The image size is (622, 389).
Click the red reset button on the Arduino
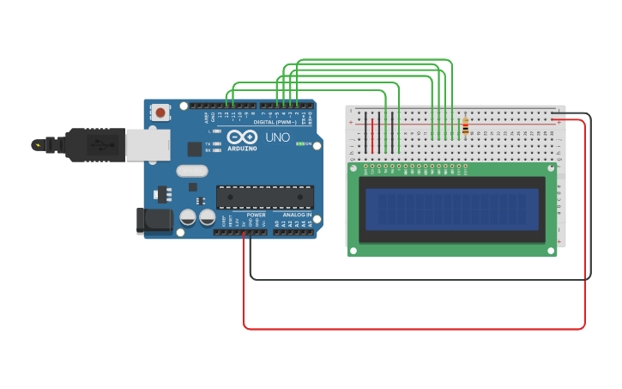(x=160, y=112)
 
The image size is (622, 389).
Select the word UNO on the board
(x=277, y=137)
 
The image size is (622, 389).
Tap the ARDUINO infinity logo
(x=242, y=138)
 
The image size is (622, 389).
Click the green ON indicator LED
(x=299, y=143)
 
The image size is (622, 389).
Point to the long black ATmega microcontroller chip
(x=264, y=197)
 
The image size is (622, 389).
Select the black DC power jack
(x=154, y=220)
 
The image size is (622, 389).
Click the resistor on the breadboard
(x=466, y=127)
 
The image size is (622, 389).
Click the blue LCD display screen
(x=452, y=209)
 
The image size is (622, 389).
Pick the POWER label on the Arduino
(x=256, y=215)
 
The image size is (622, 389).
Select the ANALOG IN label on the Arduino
(x=297, y=215)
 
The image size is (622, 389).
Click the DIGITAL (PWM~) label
(x=275, y=122)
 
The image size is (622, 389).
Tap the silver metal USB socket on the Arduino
(x=148, y=144)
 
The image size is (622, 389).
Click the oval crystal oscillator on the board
(x=192, y=170)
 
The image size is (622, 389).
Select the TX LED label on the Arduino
(x=208, y=143)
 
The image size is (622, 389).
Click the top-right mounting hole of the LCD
(x=550, y=168)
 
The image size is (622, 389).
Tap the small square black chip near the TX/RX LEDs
(x=195, y=149)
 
